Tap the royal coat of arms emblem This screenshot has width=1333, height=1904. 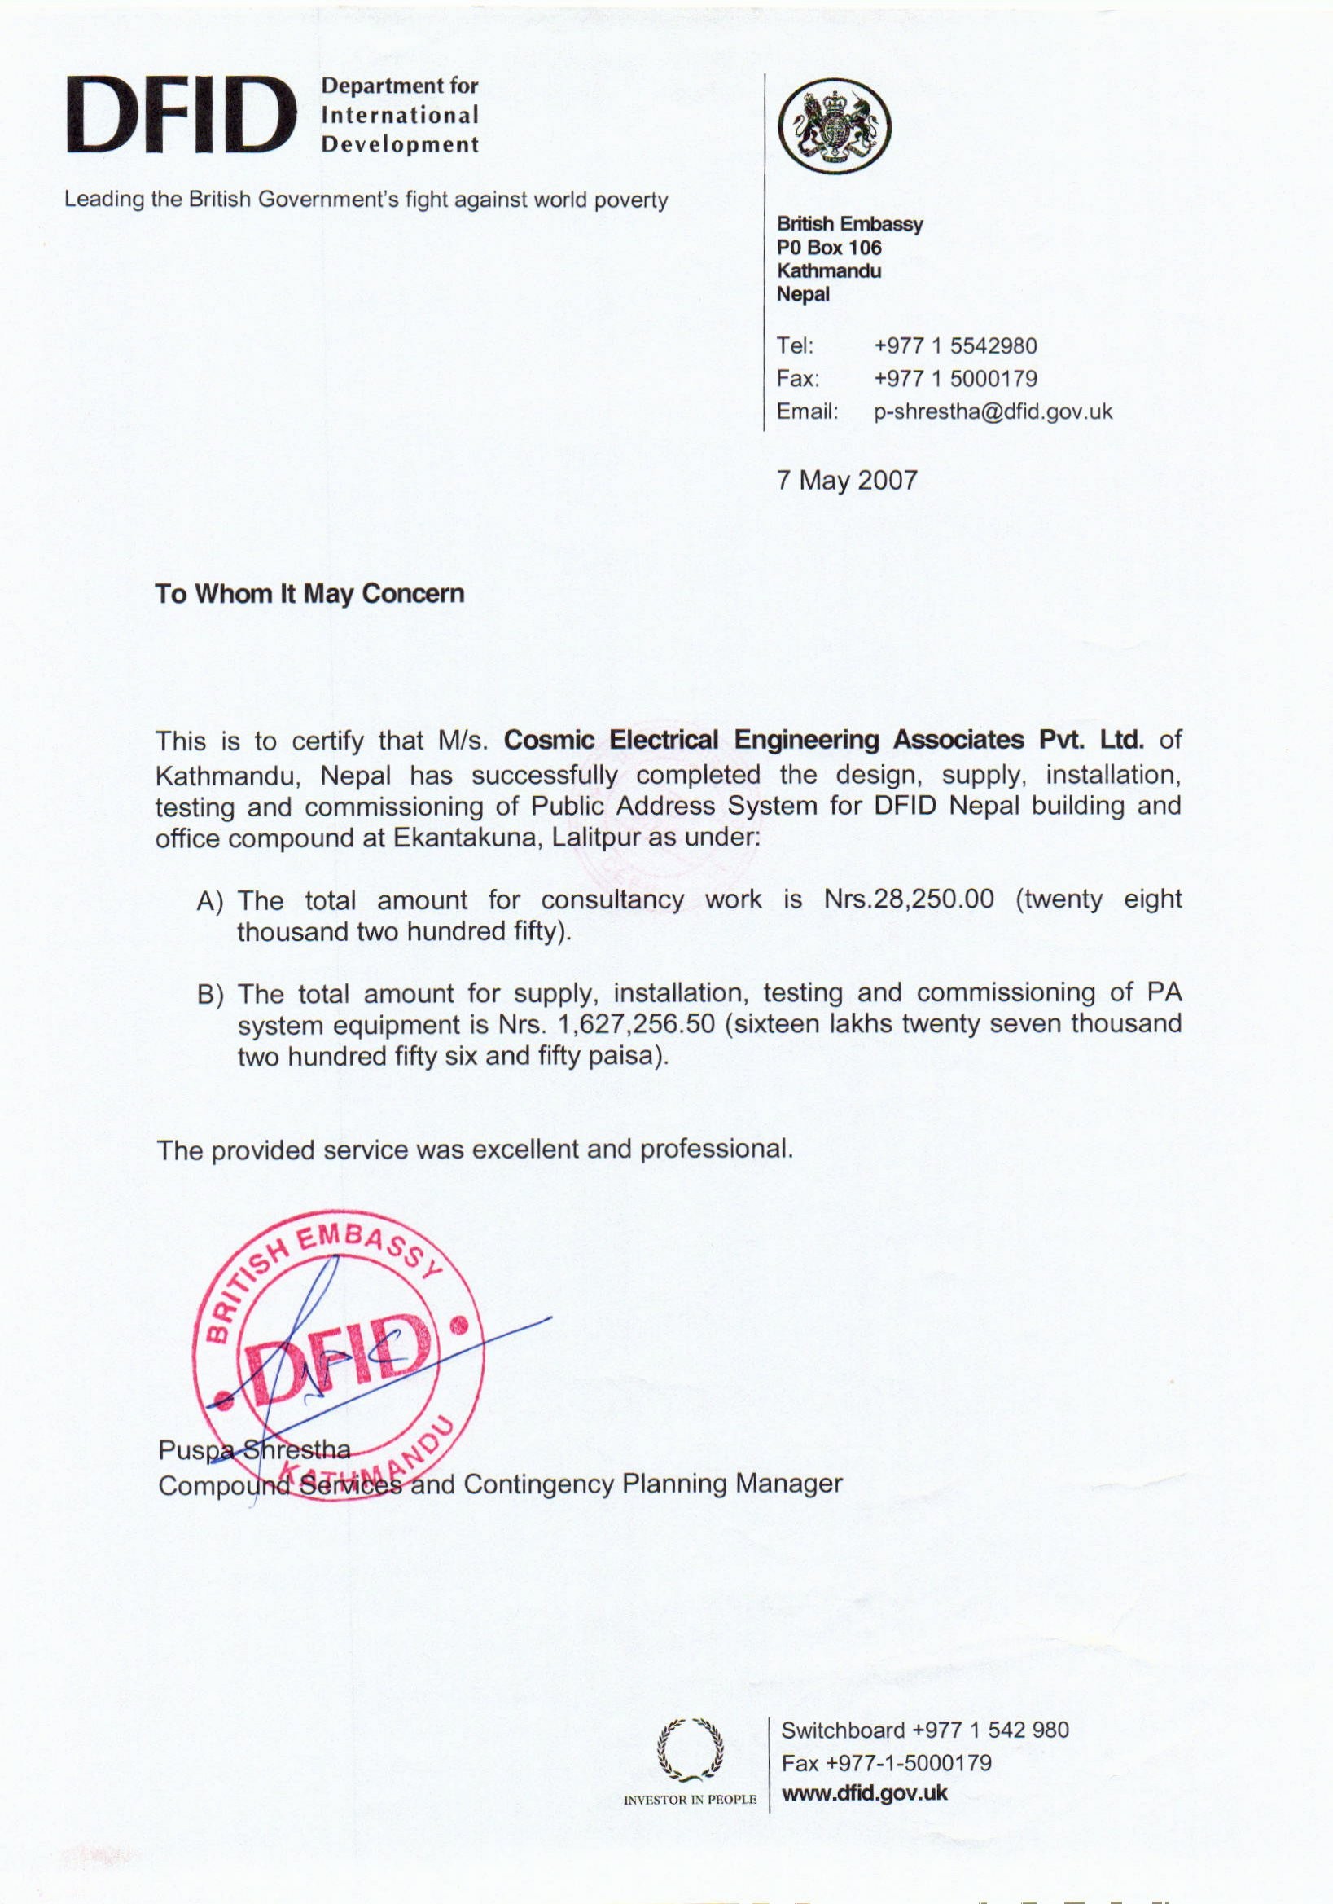pos(835,126)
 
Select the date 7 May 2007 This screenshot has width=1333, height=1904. pos(847,481)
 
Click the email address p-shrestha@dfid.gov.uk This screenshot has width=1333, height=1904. pos(993,411)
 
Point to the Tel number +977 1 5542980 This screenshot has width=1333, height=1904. pos(956,345)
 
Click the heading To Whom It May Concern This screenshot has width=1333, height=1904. pos(310,595)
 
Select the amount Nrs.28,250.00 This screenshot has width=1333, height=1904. pos(910,899)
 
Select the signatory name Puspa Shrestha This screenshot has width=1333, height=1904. pos(255,1450)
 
